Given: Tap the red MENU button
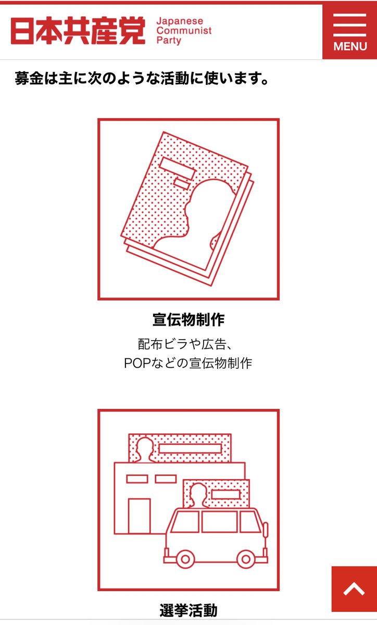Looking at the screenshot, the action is point(350,31).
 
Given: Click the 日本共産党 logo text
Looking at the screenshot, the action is point(78,31).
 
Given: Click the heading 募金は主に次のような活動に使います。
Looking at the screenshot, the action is point(142,80).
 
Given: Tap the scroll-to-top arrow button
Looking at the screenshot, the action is point(354,589).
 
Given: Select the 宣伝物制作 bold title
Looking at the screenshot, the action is point(188,319).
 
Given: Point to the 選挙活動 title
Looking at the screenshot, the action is point(188,610).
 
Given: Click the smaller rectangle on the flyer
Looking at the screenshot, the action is point(182,183).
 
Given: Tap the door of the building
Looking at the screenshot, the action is point(139,516).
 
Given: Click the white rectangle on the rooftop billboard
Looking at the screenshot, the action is point(190,448).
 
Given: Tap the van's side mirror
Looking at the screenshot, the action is point(266,530).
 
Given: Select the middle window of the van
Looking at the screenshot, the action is point(219,521).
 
